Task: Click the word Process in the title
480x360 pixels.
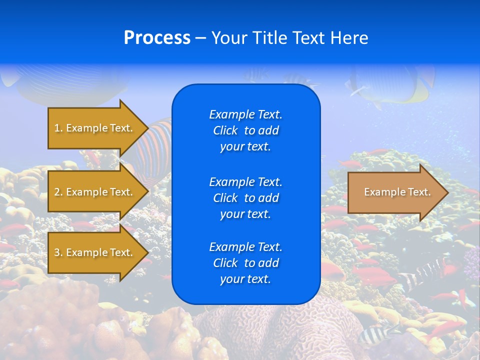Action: tap(157, 38)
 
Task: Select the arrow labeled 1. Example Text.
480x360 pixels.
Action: tap(93, 128)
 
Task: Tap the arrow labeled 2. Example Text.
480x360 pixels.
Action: tap(93, 192)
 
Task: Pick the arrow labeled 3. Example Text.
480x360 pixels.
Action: tap(93, 252)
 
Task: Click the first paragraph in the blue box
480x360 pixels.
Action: tap(245, 130)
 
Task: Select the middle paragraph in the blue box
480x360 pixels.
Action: tap(245, 197)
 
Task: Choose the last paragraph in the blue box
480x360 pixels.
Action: tap(245, 263)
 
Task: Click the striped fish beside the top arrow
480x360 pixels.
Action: tap(155, 145)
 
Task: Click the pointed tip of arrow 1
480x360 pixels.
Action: tap(147, 128)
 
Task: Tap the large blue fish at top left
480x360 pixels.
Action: tap(65, 82)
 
